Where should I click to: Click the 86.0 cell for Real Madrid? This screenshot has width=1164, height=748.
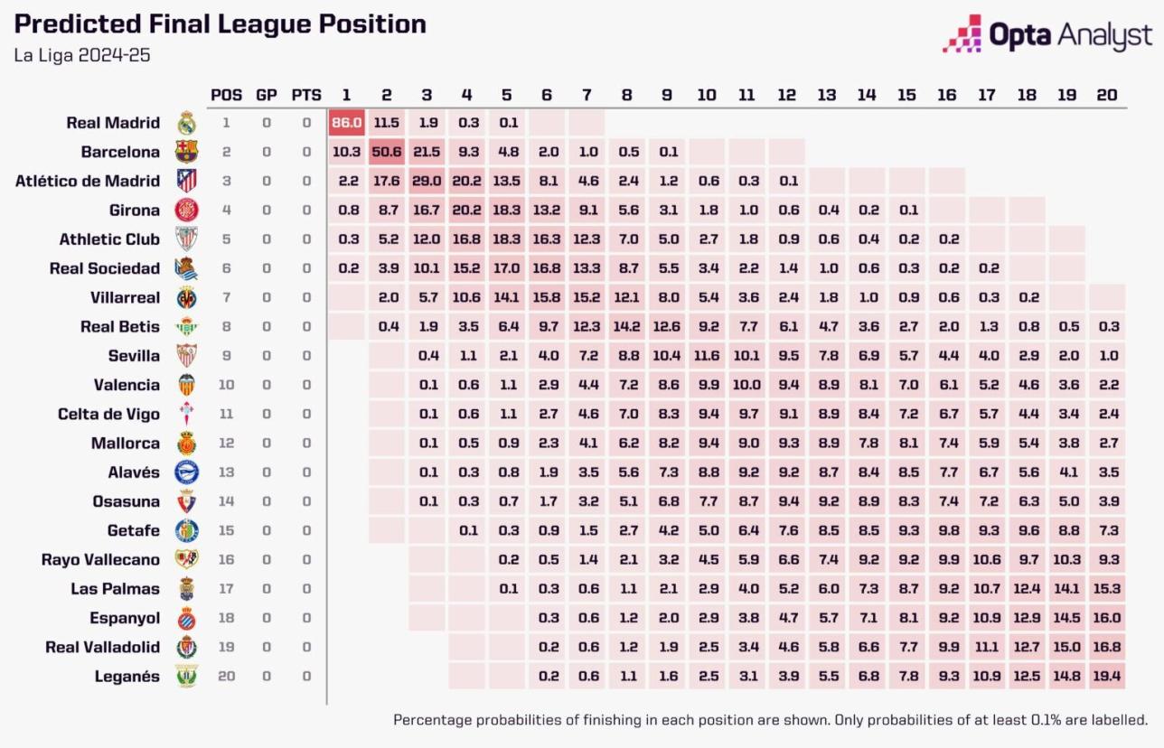point(347,123)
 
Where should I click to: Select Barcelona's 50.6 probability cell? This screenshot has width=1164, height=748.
point(387,152)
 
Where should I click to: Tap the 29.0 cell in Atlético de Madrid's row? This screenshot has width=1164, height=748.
point(427,181)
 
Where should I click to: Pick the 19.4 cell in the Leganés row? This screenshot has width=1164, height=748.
point(1106,677)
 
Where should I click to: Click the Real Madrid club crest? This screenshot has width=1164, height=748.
point(186,123)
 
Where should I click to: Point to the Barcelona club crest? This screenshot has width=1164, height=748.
point(186,152)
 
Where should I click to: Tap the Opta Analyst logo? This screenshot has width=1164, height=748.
point(1048,34)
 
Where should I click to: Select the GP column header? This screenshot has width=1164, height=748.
point(267,95)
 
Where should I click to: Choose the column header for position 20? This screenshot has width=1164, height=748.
point(1106,95)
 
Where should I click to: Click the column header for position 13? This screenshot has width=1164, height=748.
point(827,95)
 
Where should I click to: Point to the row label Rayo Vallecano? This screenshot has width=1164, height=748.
point(100,560)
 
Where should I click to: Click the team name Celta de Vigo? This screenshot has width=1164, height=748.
point(108,414)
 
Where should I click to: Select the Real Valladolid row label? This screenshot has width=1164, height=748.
point(102,648)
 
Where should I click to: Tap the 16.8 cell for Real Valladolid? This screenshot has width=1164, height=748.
point(1106,648)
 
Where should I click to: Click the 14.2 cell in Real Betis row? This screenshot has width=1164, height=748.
point(627,327)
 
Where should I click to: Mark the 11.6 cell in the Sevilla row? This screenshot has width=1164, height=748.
point(707,356)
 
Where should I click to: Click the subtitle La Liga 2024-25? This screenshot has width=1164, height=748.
point(82,55)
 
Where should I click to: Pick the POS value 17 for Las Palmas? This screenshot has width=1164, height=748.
point(226,589)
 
